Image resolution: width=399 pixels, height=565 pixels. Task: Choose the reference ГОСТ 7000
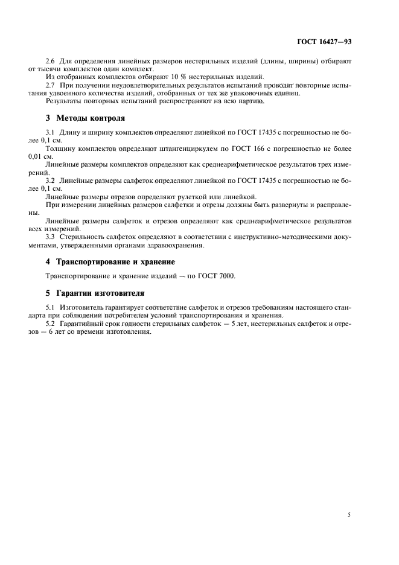point(219,276)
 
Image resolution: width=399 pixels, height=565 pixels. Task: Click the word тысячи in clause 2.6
point(63,69)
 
